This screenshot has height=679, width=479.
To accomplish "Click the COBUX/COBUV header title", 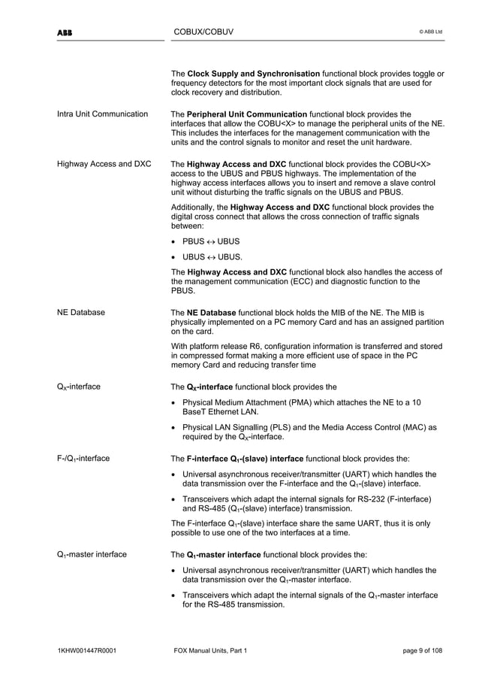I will [203, 32].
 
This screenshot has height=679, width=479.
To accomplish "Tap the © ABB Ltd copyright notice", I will [429, 32].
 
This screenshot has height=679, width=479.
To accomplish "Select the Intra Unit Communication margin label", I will [102, 114].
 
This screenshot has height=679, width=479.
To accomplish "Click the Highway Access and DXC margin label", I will [103, 163].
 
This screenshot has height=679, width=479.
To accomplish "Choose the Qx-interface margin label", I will [79, 387].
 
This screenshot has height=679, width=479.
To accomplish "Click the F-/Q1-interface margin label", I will [83, 458].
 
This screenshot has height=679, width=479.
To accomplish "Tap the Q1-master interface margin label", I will [92, 555].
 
